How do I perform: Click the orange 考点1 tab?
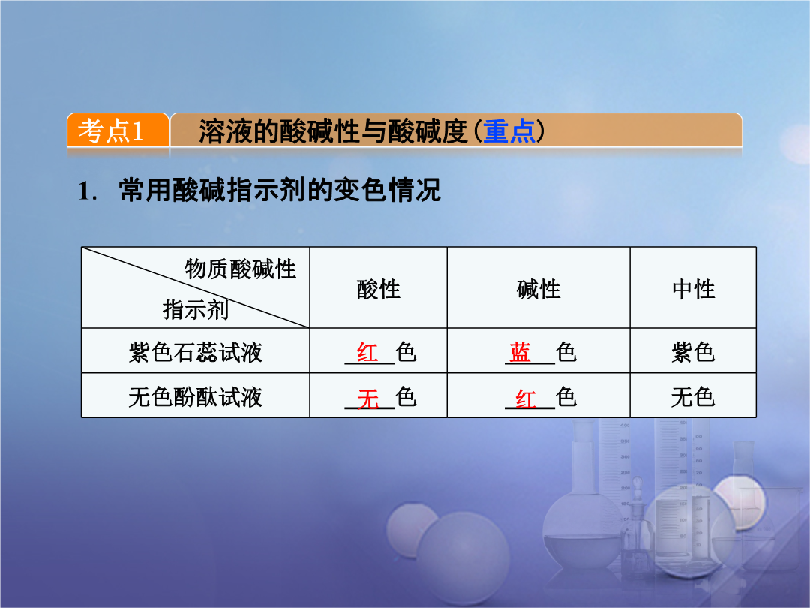point(118,131)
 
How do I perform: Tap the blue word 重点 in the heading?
point(508,131)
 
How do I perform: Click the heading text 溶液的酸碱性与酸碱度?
point(333,131)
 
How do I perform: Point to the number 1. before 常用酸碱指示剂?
point(87,191)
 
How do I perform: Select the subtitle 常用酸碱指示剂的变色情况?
point(280,190)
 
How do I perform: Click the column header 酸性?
point(378,289)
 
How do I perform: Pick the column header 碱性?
point(538,289)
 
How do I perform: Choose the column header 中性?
point(693,289)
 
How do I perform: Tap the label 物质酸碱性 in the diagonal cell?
point(240,269)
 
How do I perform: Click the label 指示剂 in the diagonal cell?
point(195,310)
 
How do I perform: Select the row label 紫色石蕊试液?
point(195,353)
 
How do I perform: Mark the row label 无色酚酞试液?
point(195,398)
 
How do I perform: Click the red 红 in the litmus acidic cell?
point(367,353)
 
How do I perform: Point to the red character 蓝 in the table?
point(520,353)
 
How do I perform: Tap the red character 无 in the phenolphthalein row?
point(367,399)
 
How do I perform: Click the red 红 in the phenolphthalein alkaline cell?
point(525,399)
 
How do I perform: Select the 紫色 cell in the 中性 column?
point(693,353)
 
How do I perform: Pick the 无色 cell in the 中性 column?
point(693,398)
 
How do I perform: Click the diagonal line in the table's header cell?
point(196,287)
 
